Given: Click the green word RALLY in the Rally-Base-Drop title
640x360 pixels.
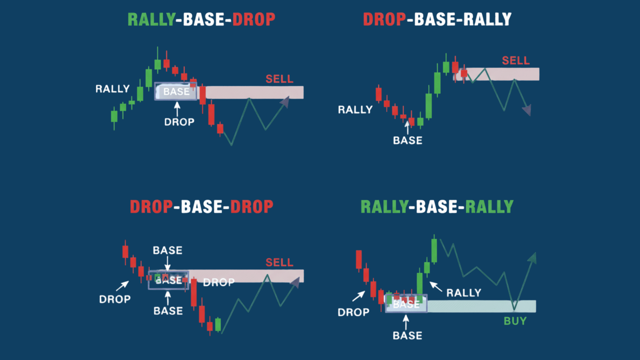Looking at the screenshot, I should [151, 19].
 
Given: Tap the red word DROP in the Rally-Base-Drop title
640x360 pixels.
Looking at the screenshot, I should [254, 19].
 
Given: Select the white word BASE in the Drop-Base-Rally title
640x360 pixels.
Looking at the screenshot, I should [435, 19].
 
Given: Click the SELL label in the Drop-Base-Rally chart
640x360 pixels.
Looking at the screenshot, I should [516, 61].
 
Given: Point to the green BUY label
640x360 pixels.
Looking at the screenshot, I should [515, 321].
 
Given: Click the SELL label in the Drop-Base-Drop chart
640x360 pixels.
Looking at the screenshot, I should [279, 263].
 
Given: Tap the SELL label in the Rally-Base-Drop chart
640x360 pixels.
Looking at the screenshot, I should [279, 79].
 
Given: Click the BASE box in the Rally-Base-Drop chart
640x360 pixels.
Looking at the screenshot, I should [176, 91].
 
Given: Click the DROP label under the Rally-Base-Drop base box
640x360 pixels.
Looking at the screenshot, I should [179, 122].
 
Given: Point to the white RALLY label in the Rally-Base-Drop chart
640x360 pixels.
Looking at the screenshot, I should [112, 89].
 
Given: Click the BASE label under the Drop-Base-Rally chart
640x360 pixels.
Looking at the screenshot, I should [407, 141].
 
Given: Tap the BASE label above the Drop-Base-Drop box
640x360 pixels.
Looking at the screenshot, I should [167, 250].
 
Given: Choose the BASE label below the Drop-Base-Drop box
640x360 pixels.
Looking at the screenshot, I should [168, 311].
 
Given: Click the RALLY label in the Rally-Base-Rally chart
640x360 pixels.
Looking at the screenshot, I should [464, 293].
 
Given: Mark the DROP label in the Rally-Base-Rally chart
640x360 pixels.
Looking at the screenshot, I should [353, 312].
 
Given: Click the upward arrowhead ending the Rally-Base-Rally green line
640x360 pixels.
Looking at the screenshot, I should [533, 257].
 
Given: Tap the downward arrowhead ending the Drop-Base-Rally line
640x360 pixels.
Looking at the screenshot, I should [527, 110].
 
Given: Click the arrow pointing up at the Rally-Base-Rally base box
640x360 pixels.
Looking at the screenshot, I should [406, 322].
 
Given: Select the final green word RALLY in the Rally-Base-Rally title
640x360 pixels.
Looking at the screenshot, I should [489, 207].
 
